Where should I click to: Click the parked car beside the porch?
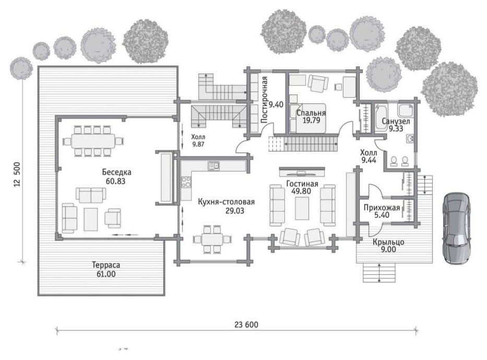[456, 229]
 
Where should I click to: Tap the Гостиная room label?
[302, 184]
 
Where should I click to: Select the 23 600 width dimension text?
[246, 325]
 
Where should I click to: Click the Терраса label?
[106, 265]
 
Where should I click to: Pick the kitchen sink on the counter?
[213, 166]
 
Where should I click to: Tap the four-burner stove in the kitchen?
[186, 182]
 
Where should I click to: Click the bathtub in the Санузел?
[381, 117]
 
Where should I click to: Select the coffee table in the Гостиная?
[302, 208]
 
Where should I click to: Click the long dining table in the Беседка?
[93, 141]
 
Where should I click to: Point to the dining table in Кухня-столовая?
[212, 239]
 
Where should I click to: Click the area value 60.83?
[115, 181]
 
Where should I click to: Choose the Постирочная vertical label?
[264, 100]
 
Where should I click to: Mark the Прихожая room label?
[382, 207]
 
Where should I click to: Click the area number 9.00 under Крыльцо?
[388, 249]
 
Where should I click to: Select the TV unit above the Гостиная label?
[302, 171]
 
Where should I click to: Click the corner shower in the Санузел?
[406, 110]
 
